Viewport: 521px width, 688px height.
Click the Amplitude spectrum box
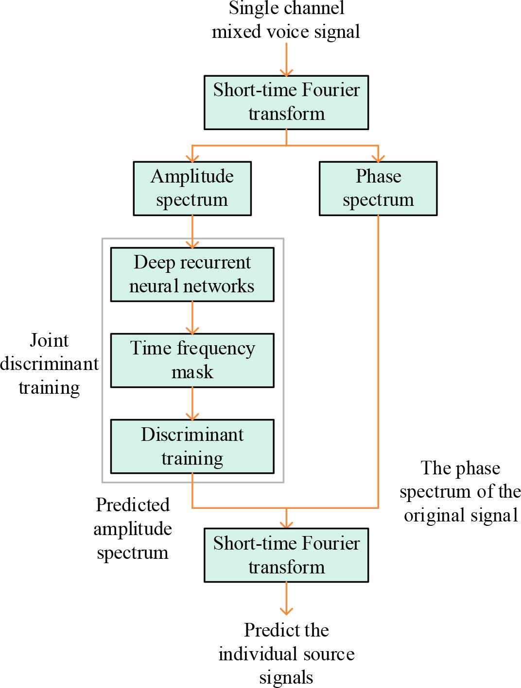click(192, 188)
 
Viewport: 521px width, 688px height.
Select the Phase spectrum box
click(378, 188)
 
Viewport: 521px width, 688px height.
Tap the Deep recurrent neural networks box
click(192, 274)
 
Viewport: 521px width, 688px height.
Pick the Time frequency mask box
click(192, 360)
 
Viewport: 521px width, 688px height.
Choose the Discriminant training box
click(192, 446)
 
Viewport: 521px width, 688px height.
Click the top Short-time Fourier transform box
click(286, 102)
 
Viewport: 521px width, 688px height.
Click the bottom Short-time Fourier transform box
click(286, 555)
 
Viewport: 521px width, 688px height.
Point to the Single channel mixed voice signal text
click(286, 20)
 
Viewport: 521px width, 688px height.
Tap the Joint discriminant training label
click(49, 364)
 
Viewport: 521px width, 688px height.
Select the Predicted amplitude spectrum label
click(132, 528)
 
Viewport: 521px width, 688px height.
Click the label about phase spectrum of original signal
click(460, 491)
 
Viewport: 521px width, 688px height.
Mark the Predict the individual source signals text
click(286, 654)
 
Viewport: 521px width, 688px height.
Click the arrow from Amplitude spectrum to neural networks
click(192, 231)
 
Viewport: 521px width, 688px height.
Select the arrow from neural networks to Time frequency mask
click(192, 317)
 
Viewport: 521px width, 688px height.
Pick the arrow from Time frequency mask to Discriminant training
click(192, 403)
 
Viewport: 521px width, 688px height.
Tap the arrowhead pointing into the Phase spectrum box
click(378, 157)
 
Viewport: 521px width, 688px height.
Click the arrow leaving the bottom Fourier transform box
click(286, 598)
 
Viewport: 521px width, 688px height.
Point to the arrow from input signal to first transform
click(286, 59)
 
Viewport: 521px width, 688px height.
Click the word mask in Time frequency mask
click(192, 372)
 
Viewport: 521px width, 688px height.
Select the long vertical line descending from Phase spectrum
click(378, 359)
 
